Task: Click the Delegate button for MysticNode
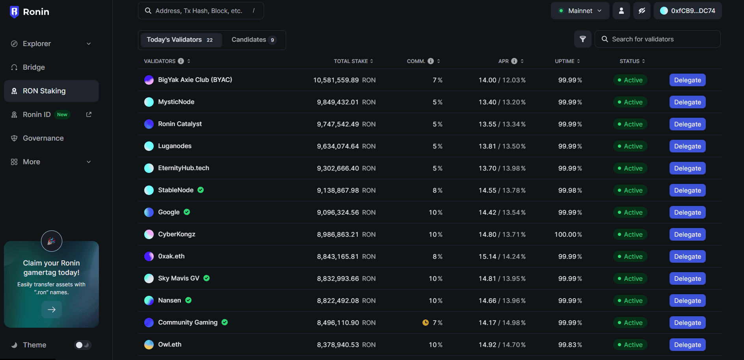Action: (687, 102)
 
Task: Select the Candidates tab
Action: (253, 40)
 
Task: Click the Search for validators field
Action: (662, 39)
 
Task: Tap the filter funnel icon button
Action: (582, 39)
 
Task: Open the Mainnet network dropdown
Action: (580, 11)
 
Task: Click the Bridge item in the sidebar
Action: (33, 67)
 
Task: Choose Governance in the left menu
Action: (43, 138)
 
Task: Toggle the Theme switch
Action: (83, 345)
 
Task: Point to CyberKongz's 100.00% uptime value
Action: (568, 234)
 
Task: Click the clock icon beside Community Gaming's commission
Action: (426, 323)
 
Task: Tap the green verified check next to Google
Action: (187, 212)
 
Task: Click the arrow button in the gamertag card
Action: (52, 310)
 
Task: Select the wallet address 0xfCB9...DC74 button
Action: (688, 11)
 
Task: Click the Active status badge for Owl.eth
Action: (630, 345)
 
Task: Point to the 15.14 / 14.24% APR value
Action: (502, 256)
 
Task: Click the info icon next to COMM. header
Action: (431, 61)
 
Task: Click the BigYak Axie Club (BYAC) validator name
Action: (195, 80)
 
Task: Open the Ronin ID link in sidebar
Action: (37, 115)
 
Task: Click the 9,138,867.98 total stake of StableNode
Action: (338, 190)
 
